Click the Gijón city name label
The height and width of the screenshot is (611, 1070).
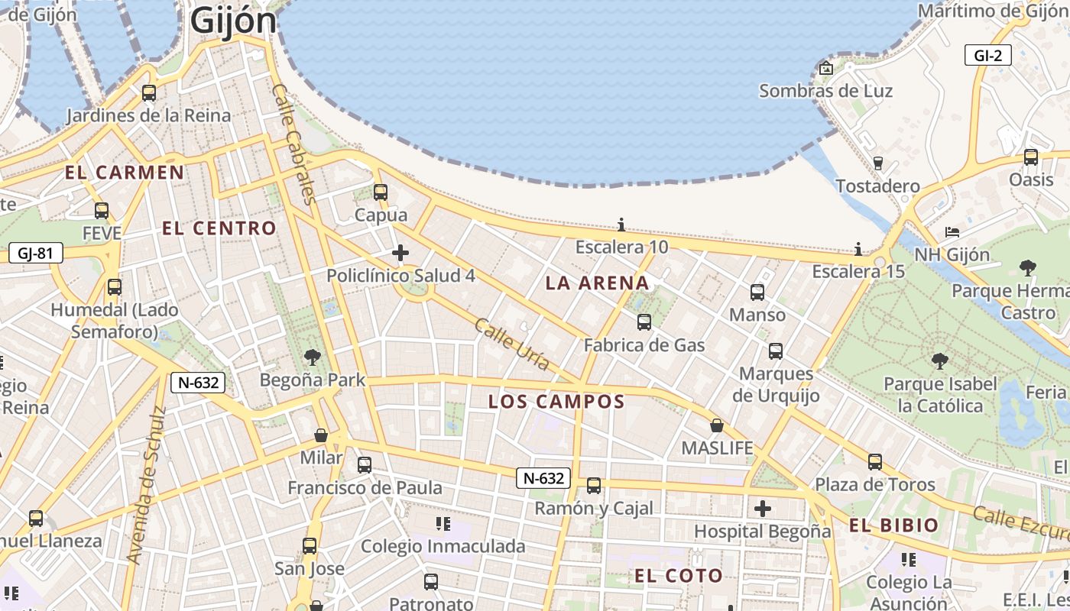click(x=233, y=21)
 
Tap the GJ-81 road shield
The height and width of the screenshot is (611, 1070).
click(x=36, y=253)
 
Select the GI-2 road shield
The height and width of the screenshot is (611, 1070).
click(x=987, y=55)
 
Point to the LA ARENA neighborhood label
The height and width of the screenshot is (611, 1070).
click(x=597, y=283)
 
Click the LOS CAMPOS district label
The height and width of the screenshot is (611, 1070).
click(x=556, y=402)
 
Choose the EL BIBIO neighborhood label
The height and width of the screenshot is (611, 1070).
click(x=893, y=525)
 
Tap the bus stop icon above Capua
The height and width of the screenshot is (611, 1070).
click(x=381, y=192)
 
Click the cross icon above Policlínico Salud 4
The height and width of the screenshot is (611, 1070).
click(x=400, y=253)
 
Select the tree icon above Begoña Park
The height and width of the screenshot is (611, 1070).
click(x=312, y=357)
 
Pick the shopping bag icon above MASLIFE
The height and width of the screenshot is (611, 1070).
click(x=717, y=425)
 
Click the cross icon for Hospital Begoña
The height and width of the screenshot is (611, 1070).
click(x=763, y=509)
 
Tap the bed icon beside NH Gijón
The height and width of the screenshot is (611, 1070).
click(x=952, y=231)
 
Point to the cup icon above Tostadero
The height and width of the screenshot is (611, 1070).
click(x=877, y=163)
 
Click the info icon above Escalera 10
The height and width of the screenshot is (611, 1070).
click(x=621, y=225)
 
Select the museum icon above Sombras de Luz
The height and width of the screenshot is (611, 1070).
click(x=825, y=68)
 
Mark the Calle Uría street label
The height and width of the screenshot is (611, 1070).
click(x=512, y=344)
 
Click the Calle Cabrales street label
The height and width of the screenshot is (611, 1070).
click(x=293, y=144)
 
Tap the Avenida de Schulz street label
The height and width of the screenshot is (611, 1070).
click(x=147, y=486)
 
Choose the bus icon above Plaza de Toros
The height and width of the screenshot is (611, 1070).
click(x=875, y=462)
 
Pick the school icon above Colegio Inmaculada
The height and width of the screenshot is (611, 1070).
click(x=443, y=523)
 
